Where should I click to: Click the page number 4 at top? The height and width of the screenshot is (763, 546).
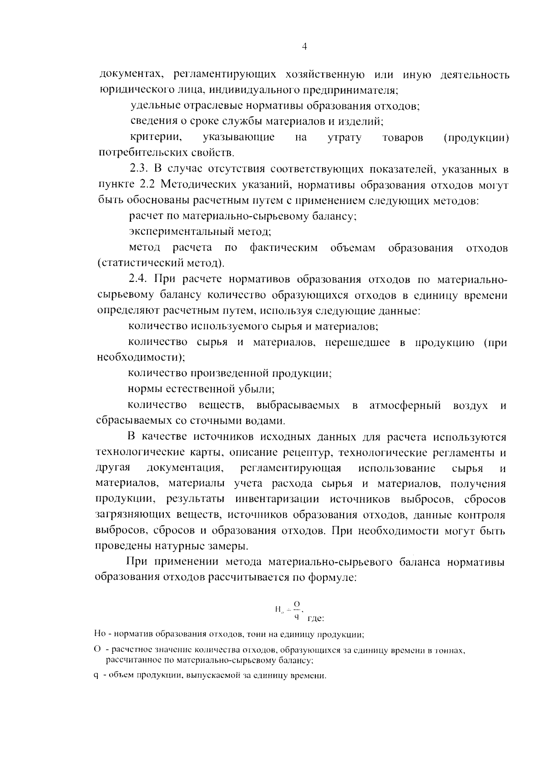304,46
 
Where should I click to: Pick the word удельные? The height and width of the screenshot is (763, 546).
152,106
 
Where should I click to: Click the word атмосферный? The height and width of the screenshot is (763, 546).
405,405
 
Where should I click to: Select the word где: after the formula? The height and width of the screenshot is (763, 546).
315,618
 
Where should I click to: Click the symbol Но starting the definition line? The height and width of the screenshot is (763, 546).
99,634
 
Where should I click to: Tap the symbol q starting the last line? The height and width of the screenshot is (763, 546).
96,675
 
